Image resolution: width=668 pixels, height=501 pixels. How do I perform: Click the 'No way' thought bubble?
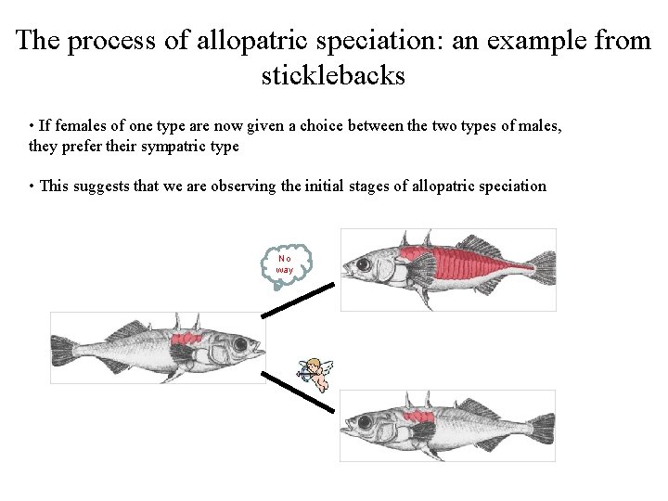[284, 263]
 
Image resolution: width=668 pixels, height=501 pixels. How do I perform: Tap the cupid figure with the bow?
[315, 373]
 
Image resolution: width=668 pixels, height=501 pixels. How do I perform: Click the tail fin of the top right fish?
[540, 269]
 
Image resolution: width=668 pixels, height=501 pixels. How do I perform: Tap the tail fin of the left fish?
[65, 349]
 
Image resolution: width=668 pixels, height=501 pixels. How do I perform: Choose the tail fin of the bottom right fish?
[540, 428]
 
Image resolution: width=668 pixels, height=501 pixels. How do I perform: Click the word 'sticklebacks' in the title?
[333, 74]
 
